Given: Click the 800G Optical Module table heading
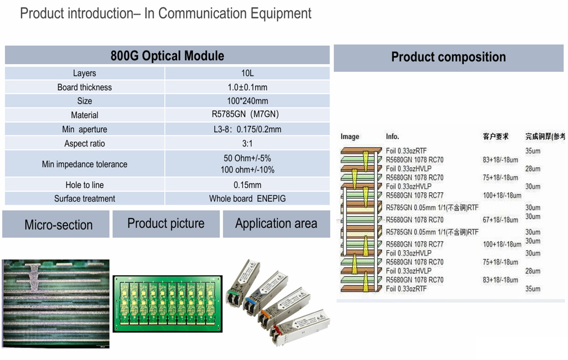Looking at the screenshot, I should click(x=167, y=56).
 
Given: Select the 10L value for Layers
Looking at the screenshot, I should click(x=247, y=73).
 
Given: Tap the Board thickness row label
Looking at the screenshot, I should click(x=85, y=87).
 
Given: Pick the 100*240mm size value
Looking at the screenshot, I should click(x=247, y=101).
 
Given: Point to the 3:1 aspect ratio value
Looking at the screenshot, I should click(x=247, y=143).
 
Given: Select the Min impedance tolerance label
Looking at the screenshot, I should click(x=85, y=164).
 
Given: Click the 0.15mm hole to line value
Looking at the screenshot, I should click(x=247, y=185).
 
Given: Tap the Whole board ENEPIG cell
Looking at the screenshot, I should click(x=247, y=199).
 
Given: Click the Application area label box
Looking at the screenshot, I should click(x=276, y=224).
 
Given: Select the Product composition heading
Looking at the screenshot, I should click(x=448, y=57).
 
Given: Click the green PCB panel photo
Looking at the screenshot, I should click(x=167, y=304).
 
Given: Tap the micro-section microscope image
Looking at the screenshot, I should click(x=56, y=303).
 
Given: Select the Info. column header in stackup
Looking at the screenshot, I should click(x=392, y=136).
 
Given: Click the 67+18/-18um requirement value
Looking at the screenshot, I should click(x=500, y=220).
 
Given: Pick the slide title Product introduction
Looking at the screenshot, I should click(x=166, y=14).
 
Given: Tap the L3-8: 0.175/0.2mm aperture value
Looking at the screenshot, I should click(x=247, y=129).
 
